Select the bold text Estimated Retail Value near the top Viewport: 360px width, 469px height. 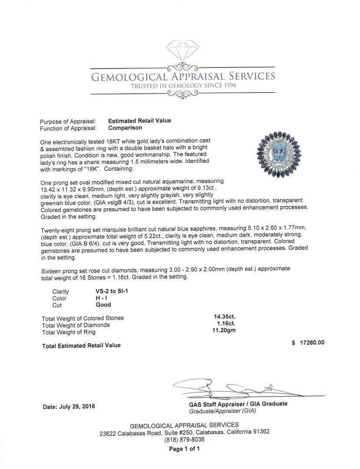point(139,121)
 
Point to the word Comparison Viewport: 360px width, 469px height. point(125,128)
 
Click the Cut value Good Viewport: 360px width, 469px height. point(103,305)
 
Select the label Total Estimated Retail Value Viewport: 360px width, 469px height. point(81,345)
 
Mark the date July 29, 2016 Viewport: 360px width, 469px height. point(69,407)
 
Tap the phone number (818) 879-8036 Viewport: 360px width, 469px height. point(184,439)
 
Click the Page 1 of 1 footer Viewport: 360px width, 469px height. point(184,449)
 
